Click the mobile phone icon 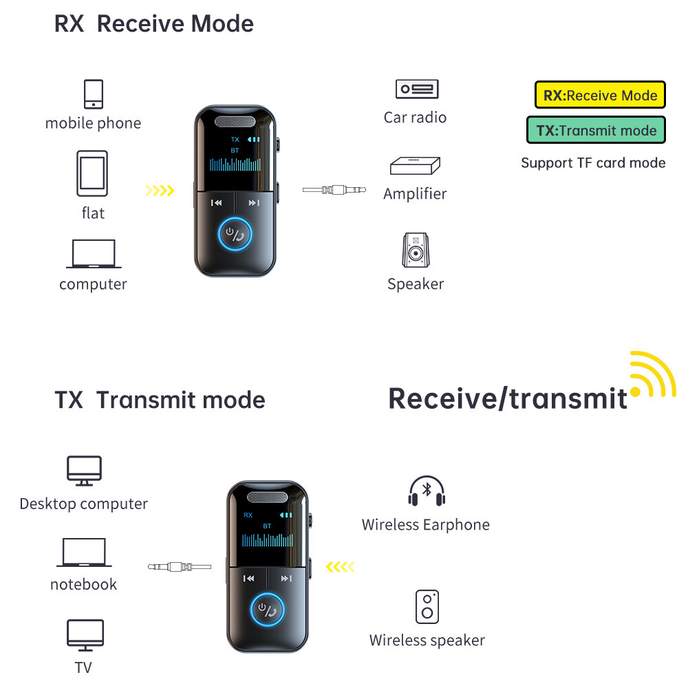94,94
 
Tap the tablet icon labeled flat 92,173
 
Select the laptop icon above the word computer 94,254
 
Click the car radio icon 416,89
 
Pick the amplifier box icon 416,167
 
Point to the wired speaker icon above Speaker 416,250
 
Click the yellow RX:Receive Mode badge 600,95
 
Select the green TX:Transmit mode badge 596,130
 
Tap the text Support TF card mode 593,163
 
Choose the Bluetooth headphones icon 427,492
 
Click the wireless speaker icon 427,606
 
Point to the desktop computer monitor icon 84,471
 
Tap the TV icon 85,634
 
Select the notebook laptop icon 83,552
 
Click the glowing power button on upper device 235,235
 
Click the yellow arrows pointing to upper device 160,191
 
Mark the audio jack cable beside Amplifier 334,190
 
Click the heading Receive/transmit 508,398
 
